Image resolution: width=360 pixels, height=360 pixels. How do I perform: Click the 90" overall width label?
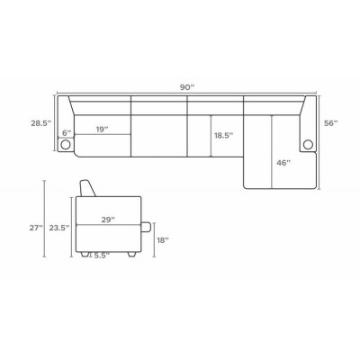[187, 87]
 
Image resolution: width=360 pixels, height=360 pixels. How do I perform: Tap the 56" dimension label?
[331, 123]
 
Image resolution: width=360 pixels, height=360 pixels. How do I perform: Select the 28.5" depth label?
[41, 123]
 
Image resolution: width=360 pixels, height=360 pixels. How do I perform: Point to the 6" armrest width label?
[67, 132]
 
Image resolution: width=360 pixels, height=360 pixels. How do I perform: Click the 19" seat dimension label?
[102, 130]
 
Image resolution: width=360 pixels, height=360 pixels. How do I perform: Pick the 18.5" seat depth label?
[223, 135]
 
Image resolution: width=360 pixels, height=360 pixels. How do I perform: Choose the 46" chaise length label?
[283, 163]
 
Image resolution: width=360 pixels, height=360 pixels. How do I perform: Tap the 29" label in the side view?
[108, 220]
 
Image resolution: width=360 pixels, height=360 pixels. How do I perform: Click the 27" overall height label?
[36, 228]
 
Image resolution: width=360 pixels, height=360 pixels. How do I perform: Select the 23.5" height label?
[59, 228]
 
